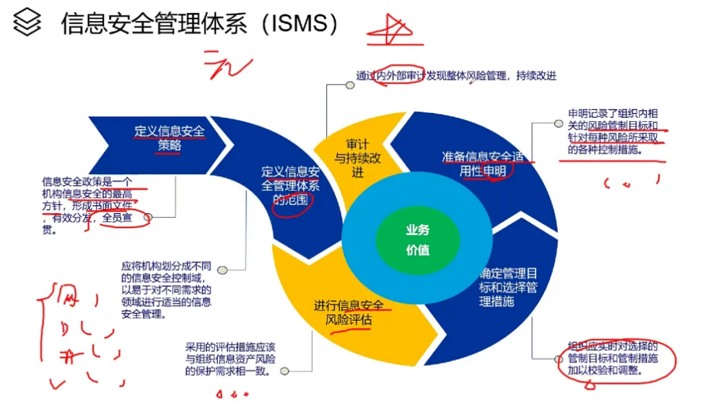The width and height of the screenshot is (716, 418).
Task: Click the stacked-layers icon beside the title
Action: (x=27, y=25)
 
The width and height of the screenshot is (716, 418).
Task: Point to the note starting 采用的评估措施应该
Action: (x=230, y=358)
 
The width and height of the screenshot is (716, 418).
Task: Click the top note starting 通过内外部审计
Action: (x=455, y=76)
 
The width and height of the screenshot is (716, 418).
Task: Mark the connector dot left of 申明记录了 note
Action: (x=556, y=124)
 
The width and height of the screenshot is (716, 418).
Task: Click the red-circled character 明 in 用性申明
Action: (x=498, y=171)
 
